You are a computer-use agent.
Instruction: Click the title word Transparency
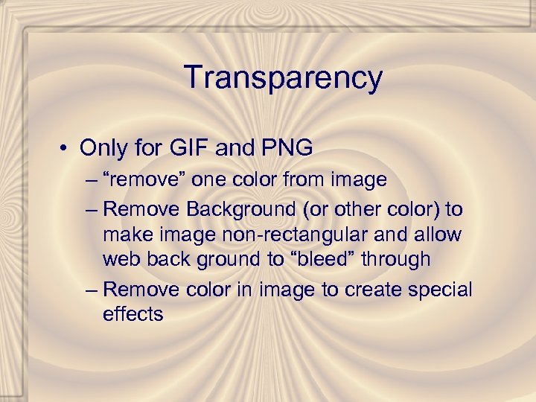pos(283,77)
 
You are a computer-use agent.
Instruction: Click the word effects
pos(133,314)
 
